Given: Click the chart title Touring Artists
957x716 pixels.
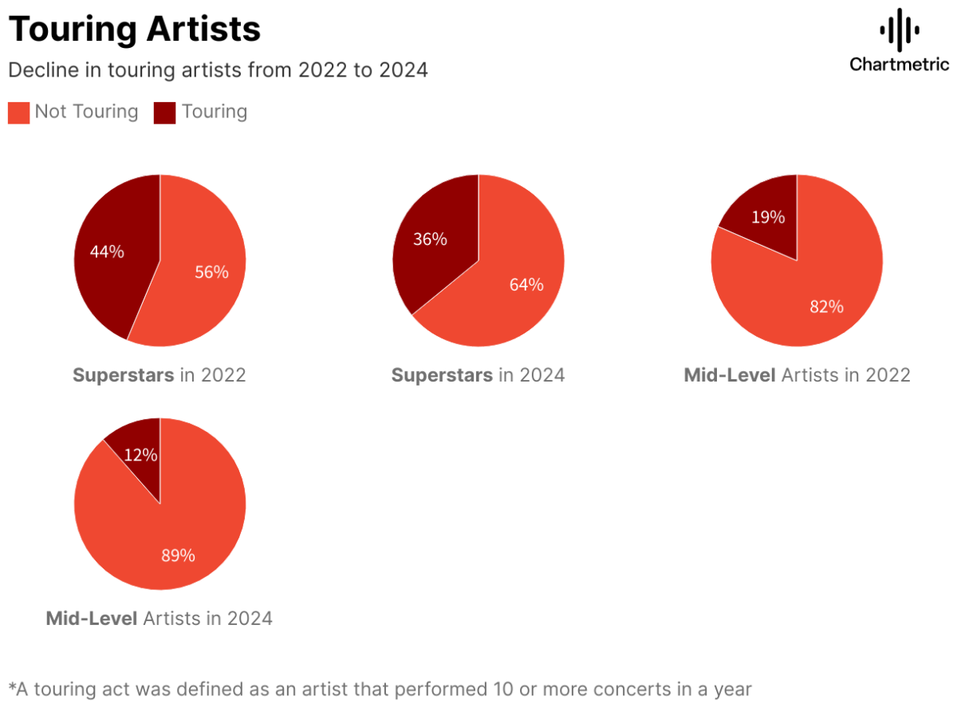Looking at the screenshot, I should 134,30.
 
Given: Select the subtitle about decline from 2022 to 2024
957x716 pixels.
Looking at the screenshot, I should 218,70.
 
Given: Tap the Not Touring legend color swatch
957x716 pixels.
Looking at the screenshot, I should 18,113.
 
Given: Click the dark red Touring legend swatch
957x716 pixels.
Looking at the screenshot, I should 164,113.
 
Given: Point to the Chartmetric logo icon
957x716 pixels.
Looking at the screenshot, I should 899,30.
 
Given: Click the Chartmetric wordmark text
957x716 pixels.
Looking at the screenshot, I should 899,64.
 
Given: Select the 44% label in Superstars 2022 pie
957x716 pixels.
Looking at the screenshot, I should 107,251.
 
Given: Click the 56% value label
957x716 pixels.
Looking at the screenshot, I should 211,272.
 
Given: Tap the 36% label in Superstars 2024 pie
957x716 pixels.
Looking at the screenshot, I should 429,239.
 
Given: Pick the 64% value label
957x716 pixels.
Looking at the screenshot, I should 526,284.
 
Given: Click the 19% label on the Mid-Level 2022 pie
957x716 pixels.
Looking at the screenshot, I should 768,217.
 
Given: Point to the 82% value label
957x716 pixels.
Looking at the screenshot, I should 826,307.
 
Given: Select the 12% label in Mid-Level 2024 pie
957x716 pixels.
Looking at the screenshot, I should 140,455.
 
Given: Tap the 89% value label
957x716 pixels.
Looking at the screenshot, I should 178,556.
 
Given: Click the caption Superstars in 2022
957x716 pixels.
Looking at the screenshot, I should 159,375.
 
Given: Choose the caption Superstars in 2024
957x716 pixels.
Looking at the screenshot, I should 478,375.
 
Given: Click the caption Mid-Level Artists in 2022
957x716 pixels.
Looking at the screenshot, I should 797,375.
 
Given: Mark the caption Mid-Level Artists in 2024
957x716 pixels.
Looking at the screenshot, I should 159,619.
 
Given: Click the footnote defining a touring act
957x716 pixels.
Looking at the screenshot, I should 380,689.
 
